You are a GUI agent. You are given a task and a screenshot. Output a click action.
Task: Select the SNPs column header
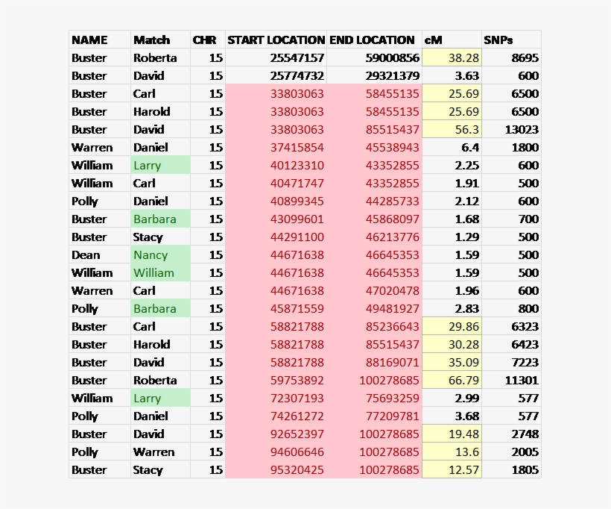(498, 40)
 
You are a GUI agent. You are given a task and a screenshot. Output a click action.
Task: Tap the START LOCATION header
(276, 40)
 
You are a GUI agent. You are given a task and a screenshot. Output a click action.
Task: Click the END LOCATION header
(372, 40)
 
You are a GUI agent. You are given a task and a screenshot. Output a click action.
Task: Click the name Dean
(86, 255)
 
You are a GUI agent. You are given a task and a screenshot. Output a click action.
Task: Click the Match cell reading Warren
(153, 452)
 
